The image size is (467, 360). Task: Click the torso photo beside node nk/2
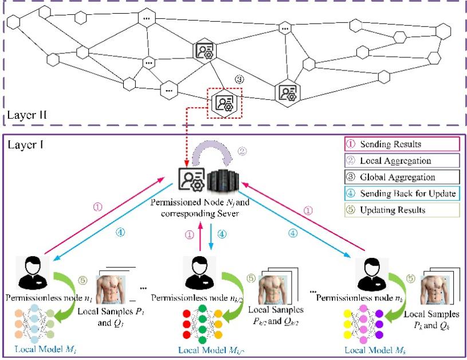click(x=273, y=290)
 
